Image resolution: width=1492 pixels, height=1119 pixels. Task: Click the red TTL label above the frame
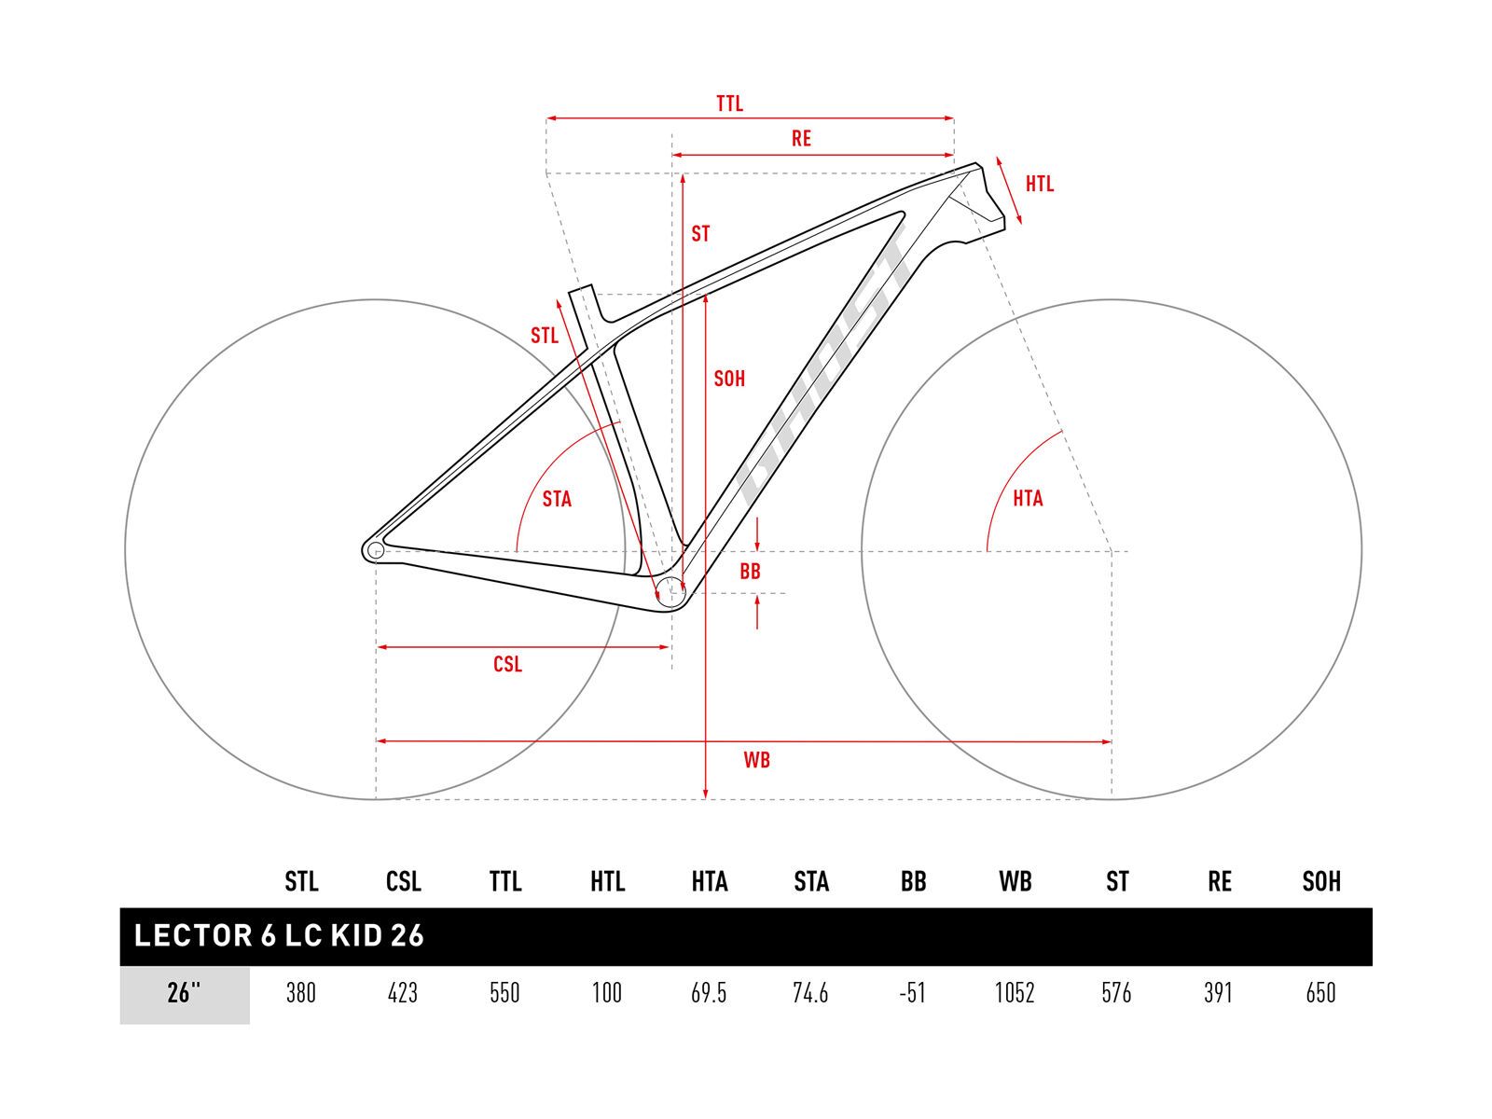(x=729, y=104)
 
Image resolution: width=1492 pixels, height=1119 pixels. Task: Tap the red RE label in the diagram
(x=801, y=139)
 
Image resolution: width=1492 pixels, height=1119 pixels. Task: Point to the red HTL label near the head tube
(x=1040, y=184)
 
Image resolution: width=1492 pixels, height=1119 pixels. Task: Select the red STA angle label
(x=557, y=500)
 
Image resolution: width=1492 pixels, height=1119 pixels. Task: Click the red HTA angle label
(x=1028, y=499)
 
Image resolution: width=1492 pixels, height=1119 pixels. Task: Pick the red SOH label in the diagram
(x=729, y=379)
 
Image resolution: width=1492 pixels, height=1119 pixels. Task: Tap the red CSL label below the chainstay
(x=508, y=664)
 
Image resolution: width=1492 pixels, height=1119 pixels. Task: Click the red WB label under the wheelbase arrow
(x=756, y=760)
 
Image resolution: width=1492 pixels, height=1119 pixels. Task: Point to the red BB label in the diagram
(x=750, y=572)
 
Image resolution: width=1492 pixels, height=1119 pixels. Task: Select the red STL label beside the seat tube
(x=545, y=335)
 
